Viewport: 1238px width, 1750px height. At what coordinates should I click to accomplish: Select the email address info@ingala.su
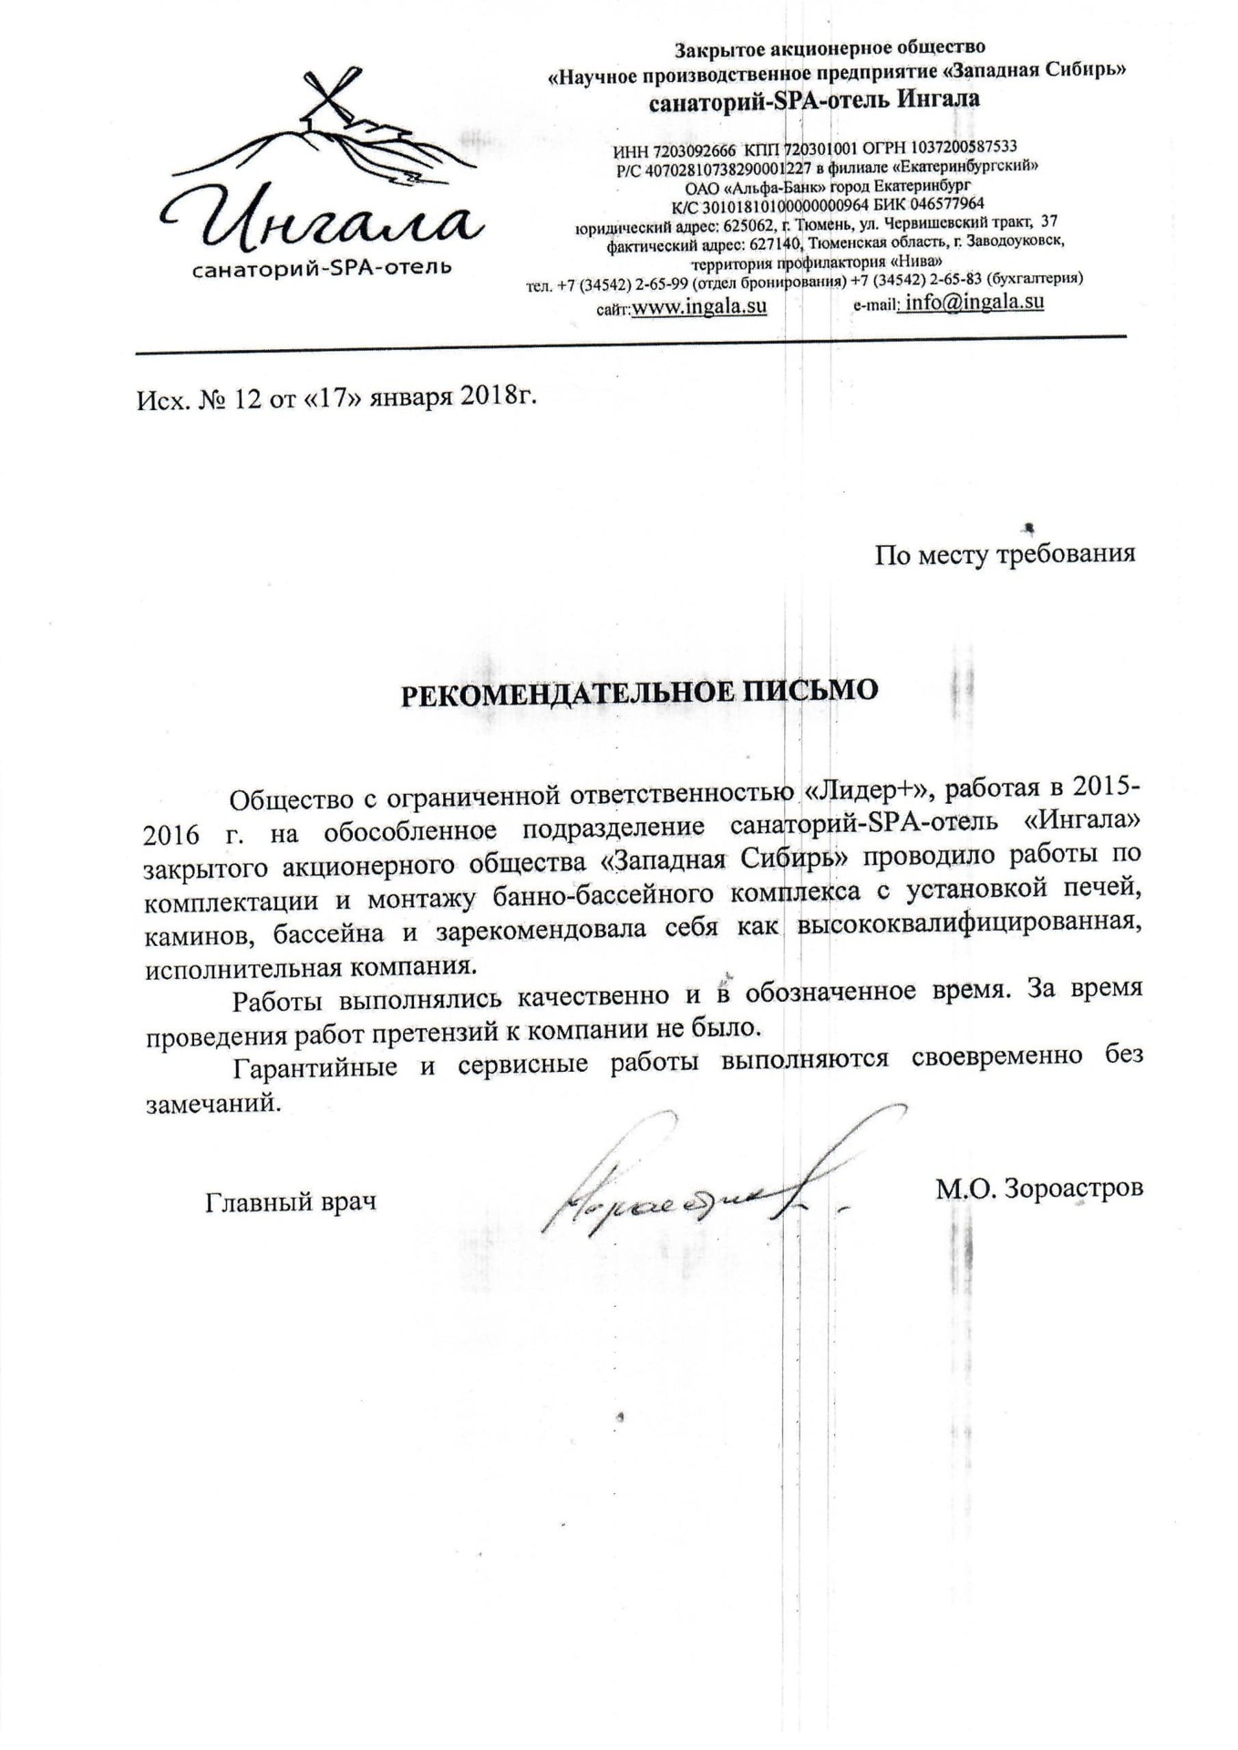pos(972,303)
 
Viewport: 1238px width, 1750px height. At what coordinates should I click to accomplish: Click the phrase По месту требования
pos(1005,553)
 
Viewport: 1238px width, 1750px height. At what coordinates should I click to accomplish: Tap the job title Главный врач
pos(291,1202)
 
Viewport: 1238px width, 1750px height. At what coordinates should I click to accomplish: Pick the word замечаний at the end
pos(209,1103)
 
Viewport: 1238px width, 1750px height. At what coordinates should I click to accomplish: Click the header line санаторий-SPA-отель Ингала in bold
pos(814,99)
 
